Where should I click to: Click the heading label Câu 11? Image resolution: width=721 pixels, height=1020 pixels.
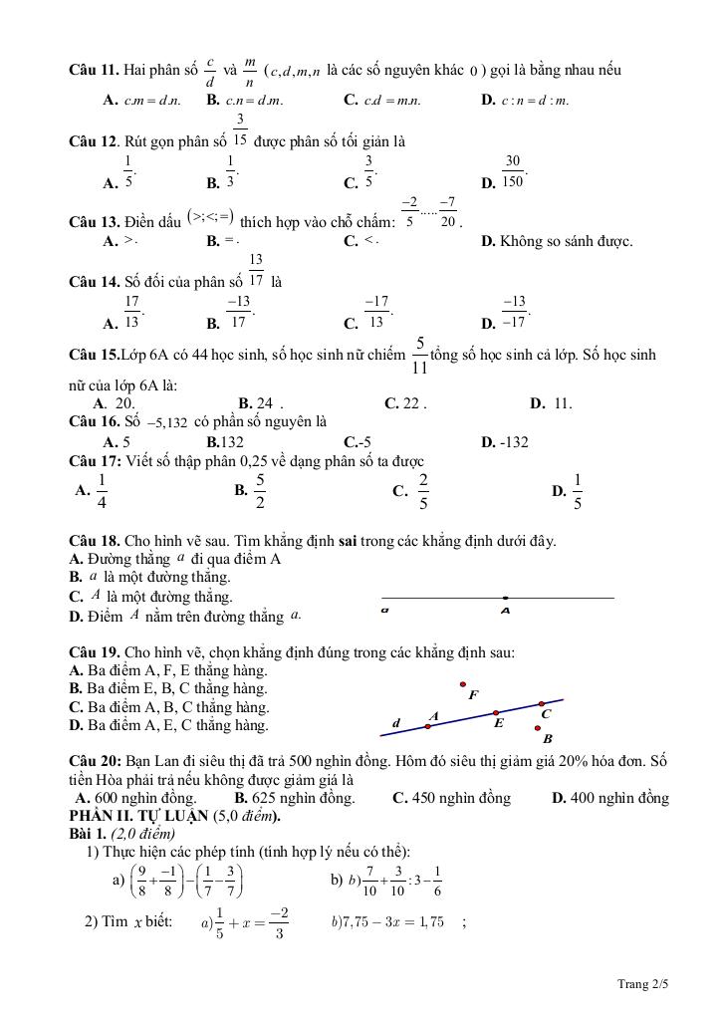(94, 70)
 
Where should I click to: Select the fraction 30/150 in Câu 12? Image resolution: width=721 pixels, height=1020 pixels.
(513, 170)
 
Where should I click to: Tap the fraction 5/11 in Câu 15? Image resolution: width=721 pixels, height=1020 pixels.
(419, 355)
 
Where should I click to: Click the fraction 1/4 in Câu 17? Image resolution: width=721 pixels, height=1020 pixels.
(102, 490)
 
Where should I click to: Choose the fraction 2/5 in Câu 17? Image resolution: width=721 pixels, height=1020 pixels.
(422, 490)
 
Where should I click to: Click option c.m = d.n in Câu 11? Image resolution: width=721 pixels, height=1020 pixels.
(152, 100)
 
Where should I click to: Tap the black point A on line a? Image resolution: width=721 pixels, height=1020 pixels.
(505, 598)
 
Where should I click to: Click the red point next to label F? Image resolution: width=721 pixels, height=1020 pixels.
(462, 684)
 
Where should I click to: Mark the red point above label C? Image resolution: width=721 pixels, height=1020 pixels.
(542, 703)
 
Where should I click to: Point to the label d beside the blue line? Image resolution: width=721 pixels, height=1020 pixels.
(395, 723)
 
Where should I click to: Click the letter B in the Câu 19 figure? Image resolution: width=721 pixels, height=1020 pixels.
(547, 739)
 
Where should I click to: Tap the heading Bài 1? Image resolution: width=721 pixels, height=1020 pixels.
(87, 833)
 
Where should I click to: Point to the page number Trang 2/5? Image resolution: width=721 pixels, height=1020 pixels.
(642, 985)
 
